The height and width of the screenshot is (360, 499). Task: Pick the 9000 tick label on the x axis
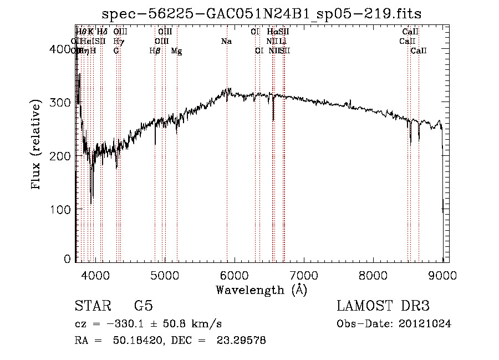click(442, 275)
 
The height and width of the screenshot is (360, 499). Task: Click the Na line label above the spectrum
click(226, 42)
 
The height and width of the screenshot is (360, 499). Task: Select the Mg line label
click(176, 51)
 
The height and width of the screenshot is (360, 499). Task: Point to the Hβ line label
click(155, 51)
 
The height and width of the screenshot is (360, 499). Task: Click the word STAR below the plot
click(93, 307)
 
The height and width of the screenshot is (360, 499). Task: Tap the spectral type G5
click(143, 307)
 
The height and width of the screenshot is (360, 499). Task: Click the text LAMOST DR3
click(383, 307)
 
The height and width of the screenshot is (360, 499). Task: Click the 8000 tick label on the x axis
click(373, 275)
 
